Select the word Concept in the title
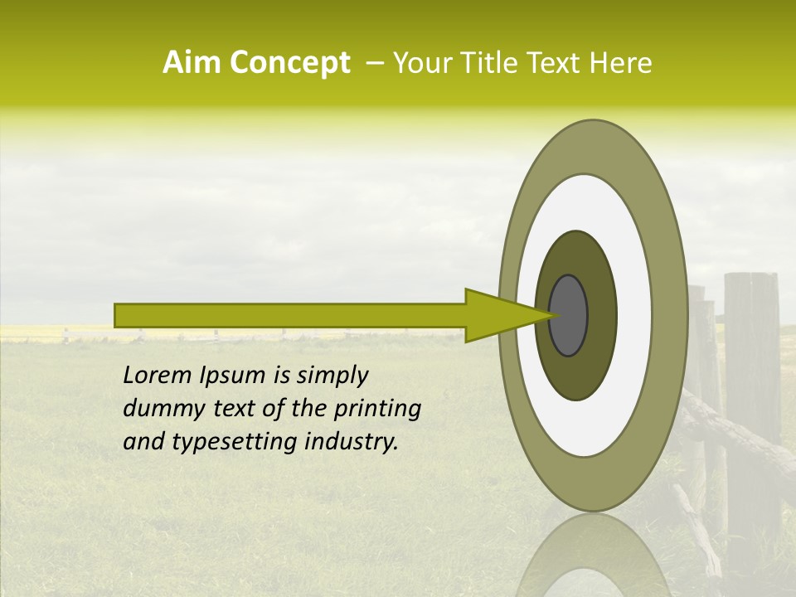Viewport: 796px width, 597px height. tap(289, 63)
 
